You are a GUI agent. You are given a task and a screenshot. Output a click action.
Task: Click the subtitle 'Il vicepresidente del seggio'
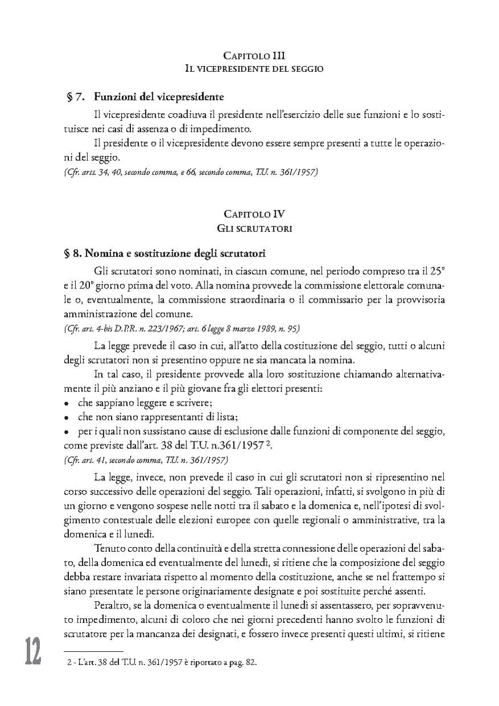click(254, 69)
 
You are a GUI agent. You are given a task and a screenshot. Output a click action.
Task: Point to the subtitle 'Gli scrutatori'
click(254, 228)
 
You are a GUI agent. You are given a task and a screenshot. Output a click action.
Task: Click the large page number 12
click(32, 651)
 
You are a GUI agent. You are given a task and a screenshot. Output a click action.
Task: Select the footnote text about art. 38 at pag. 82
click(163, 664)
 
